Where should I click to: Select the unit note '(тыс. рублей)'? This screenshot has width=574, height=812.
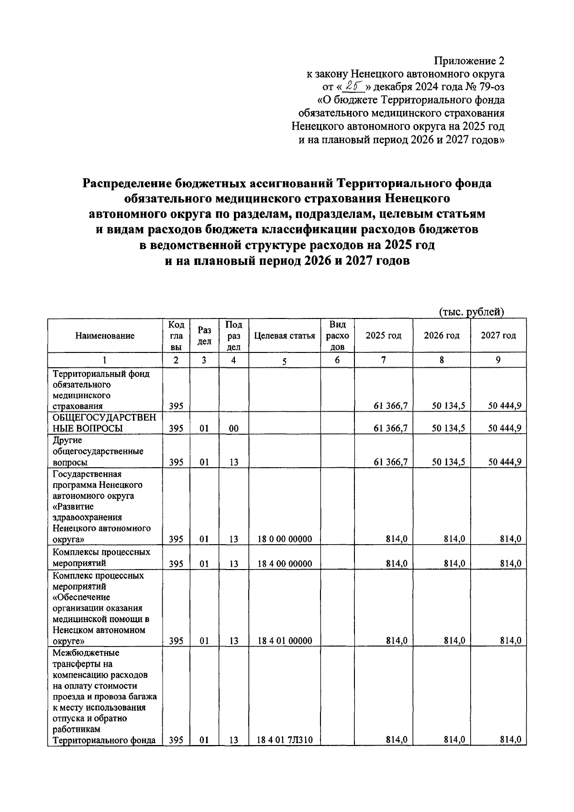(x=472, y=312)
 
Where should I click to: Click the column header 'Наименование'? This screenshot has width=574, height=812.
(x=105, y=336)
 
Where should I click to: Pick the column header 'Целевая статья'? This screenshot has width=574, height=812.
(x=285, y=336)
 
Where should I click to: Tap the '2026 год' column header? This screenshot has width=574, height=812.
(x=442, y=336)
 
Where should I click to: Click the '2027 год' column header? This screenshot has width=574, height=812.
(x=498, y=336)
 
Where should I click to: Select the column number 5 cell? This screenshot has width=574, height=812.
(x=284, y=361)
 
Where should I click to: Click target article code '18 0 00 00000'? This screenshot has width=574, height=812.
(x=285, y=539)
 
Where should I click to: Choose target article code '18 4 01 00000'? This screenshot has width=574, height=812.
(x=285, y=641)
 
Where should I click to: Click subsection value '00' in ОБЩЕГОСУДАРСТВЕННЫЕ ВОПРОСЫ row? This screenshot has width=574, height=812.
(x=233, y=428)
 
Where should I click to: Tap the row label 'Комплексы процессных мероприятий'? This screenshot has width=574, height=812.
(x=101, y=558)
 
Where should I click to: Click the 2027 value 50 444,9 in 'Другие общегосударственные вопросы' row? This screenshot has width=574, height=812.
(x=504, y=462)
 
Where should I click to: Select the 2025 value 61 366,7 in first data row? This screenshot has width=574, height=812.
(x=390, y=406)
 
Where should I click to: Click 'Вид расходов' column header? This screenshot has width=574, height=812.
(x=337, y=336)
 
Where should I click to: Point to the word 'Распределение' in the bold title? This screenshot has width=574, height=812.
(x=126, y=184)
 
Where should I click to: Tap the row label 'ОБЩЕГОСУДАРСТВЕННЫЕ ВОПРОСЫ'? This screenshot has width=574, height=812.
(x=104, y=423)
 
